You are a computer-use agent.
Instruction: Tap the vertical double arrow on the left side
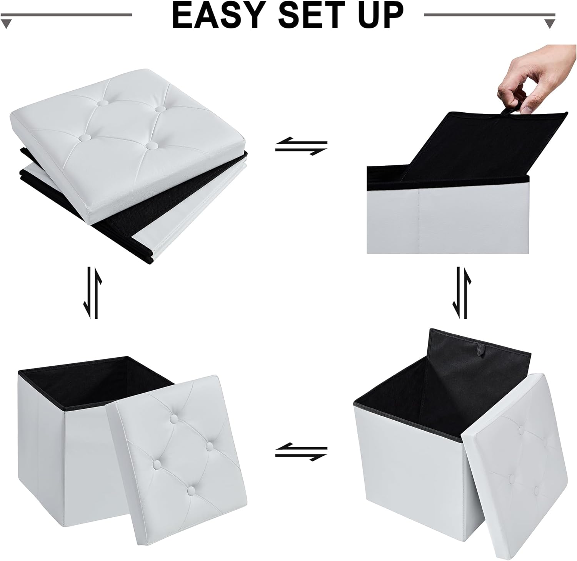click(x=92, y=293)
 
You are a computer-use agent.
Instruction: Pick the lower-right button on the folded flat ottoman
click(x=152, y=146)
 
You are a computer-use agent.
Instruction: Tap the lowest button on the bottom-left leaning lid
click(x=192, y=490)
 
